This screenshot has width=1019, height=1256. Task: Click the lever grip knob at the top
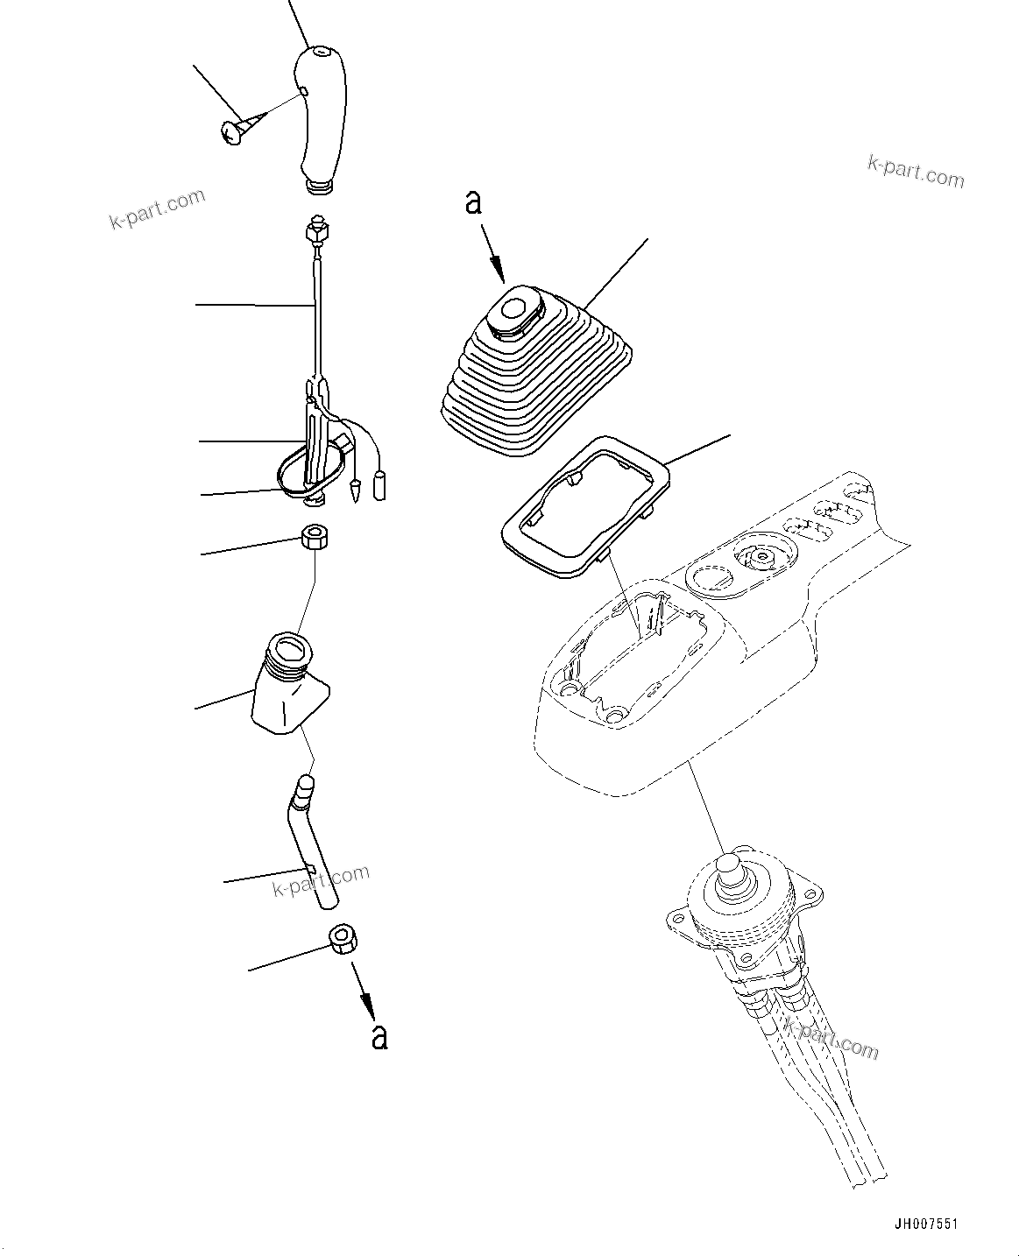point(321,118)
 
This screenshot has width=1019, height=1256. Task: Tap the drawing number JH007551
point(932,1224)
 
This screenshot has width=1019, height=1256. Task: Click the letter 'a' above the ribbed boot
point(473,203)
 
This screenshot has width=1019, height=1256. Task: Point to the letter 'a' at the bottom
point(379,1036)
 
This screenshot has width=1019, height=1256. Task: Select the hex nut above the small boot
point(314,537)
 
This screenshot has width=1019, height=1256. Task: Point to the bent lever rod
point(312,841)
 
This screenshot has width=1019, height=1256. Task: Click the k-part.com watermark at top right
point(915,170)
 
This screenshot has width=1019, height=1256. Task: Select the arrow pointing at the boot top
point(497,261)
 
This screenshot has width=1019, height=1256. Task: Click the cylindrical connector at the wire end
point(380,485)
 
